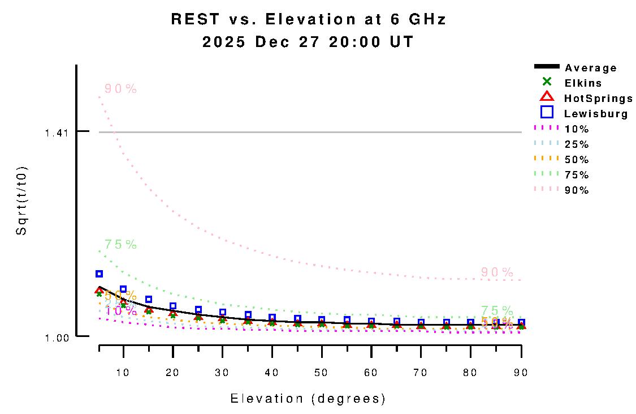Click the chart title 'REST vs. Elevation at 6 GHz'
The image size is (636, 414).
309,19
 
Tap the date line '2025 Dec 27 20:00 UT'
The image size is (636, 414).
309,42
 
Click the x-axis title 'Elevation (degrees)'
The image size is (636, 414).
308,399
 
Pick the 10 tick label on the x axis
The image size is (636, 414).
123,373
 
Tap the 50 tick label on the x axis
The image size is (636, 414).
322,373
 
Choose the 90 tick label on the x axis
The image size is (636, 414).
521,373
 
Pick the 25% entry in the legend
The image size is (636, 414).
577,144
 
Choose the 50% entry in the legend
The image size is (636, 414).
577,160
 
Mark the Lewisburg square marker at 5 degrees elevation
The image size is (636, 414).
99,274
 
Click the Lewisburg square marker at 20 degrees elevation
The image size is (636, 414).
173,306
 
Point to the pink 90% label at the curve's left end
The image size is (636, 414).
120,89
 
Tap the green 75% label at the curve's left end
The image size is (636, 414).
120,245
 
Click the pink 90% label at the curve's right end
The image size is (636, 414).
497,272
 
